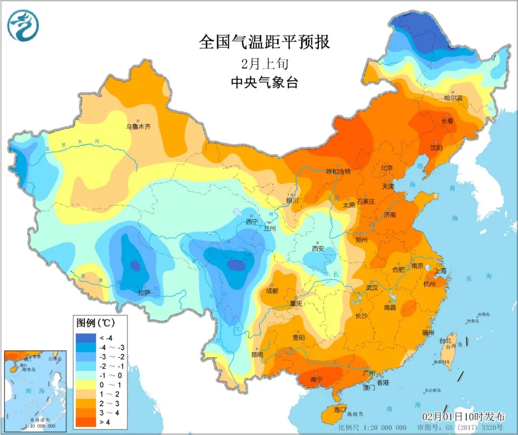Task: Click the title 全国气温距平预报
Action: (x=264, y=42)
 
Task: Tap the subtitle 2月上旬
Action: (x=264, y=63)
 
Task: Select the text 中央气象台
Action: (x=264, y=83)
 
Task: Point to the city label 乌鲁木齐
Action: (x=139, y=127)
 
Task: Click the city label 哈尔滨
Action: (x=453, y=98)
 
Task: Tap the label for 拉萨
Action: (x=144, y=291)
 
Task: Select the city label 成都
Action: (x=272, y=290)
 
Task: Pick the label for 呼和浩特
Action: (x=338, y=171)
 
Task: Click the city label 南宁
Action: (x=317, y=379)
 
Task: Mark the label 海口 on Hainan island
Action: (x=340, y=410)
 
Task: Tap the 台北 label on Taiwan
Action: (x=445, y=340)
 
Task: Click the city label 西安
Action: (x=318, y=249)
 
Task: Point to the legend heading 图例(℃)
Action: (x=94, y=322)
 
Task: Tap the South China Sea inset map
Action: (x=35, y=390)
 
